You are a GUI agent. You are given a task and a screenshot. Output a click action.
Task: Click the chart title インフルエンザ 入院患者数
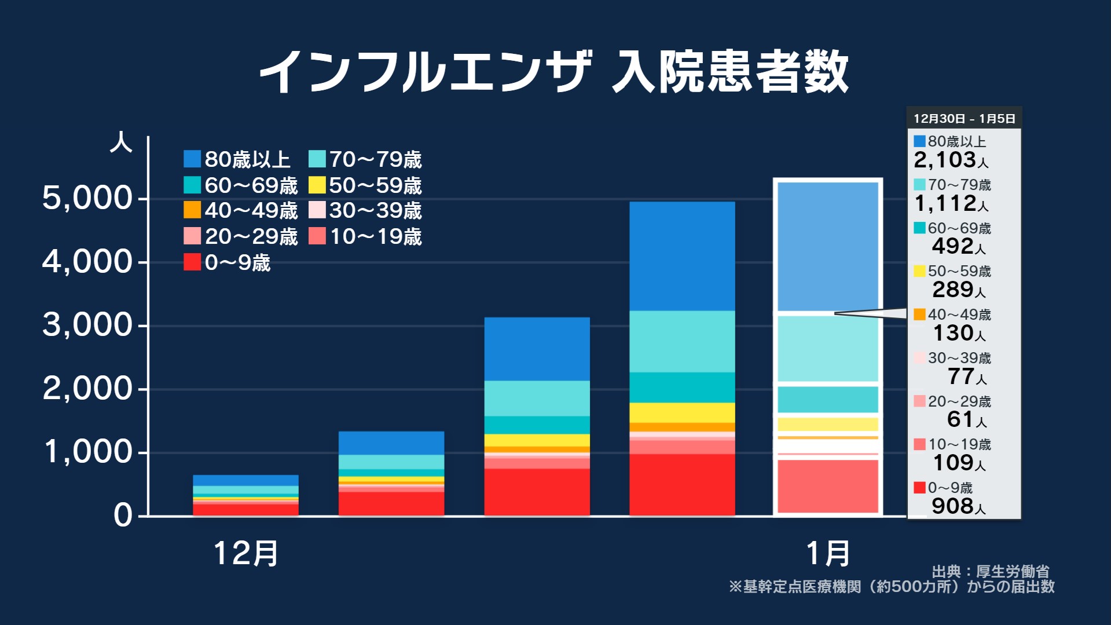pos(553,72)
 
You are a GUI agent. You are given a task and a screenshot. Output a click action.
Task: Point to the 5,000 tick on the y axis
pos(87,199)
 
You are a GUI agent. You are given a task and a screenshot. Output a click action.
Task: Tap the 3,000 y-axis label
pos(87,326)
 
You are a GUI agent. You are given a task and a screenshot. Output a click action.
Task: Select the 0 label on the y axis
pos(122,516)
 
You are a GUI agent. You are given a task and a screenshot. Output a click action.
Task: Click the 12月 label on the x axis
pos(246,553)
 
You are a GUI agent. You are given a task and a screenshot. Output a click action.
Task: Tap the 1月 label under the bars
pos(828,553)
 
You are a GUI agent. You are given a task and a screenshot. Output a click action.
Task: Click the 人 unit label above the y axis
pos(121,142)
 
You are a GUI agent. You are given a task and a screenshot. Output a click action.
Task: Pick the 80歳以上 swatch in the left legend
pos(192,159)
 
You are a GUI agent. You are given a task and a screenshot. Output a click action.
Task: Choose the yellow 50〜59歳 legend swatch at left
pos(317,185)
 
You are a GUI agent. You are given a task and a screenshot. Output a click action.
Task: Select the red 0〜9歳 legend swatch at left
pos(192,262)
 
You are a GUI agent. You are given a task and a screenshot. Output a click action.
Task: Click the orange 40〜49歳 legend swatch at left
pos(192,210)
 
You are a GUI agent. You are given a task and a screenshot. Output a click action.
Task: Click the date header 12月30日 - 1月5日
pos(964,119)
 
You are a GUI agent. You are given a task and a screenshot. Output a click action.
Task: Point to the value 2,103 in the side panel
pos(945,160)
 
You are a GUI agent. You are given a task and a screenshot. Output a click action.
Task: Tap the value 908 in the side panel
pos(952,506)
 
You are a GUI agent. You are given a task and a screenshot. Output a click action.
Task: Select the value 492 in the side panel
pos(952,246)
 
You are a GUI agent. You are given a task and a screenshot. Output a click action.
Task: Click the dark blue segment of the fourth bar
pos(682,256)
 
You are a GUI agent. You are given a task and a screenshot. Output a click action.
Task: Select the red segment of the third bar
pos(537,492)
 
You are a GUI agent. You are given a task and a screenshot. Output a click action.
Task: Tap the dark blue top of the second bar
pos(391,443)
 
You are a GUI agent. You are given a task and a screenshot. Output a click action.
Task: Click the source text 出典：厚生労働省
pos(990,572)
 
